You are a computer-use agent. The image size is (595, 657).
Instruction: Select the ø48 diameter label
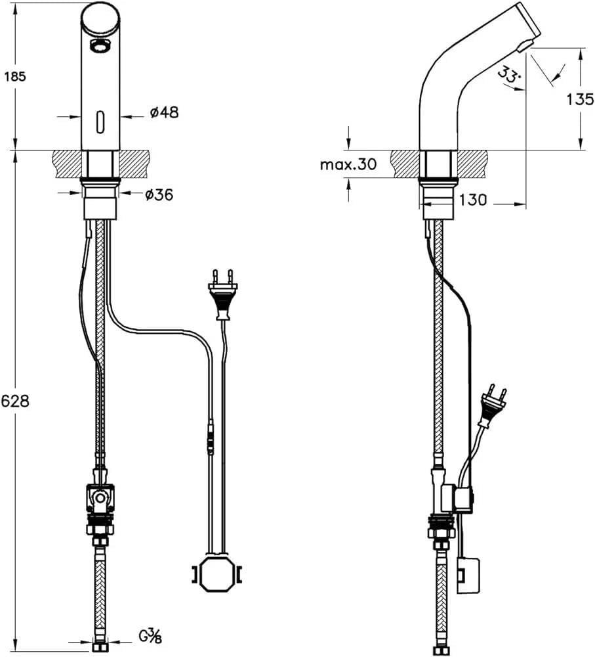[163, 112]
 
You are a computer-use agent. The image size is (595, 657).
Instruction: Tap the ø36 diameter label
[159, 194]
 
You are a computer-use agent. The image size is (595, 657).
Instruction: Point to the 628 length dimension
[14, 401]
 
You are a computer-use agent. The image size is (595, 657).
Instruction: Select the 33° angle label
[509, 76]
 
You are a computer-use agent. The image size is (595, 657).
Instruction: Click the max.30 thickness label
[348, 164]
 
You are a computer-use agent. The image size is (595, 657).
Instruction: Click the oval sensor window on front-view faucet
[100, 119]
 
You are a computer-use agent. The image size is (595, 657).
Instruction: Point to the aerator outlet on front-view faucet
[99, 46]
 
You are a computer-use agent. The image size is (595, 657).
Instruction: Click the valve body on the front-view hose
[100, 498]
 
